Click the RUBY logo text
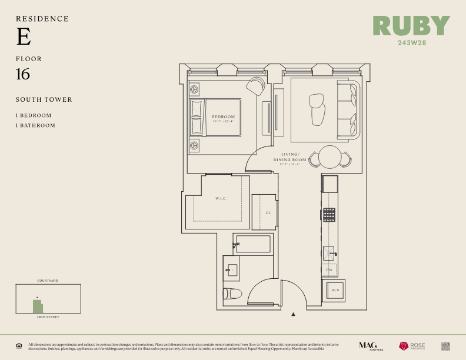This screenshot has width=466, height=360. pos(411,26)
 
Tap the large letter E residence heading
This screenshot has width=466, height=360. pos(24,37)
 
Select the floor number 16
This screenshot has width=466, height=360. pos(23,75)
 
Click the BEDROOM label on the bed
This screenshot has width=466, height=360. pos(223,117)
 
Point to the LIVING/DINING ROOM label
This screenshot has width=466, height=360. pos(291,157)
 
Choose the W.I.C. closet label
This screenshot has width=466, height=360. pos(221,199)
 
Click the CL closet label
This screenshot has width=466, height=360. pos(268,212)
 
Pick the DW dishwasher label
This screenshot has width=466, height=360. pos(329,270)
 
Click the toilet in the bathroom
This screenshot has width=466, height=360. pos(234,294)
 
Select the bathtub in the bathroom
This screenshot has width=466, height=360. pos(253,244)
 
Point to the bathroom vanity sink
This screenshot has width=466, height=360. pos(231,270)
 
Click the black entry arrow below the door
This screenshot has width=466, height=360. pos(293,315)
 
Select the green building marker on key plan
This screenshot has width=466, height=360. pos(38,306)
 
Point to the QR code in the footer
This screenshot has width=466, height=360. pos(445,345)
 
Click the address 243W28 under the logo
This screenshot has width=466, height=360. pos(411,42)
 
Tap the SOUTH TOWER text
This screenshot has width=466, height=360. pos(44,99)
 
